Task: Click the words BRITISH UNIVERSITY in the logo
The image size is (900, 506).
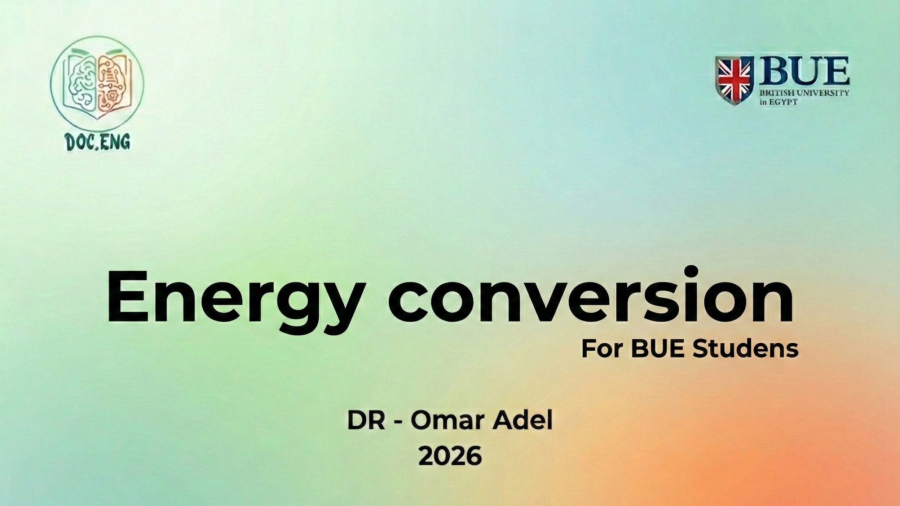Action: [804, 93]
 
